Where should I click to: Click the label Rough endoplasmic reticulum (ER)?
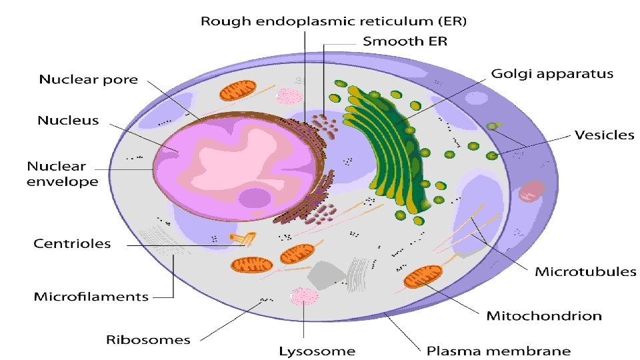[x=334, y=21]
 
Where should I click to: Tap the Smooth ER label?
[x=405, y=41]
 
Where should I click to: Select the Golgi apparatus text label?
[x=551, y=73]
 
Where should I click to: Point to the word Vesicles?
[x=604, y=135]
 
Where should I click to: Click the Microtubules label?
[x=586, y=271]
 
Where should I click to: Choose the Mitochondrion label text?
[x=544, y=315]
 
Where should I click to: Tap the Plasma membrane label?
[x=499, y=350]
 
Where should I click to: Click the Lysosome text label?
[x=317, y=350]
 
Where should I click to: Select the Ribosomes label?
[x=148, y=339]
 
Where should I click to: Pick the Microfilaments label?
[x=91, y=296]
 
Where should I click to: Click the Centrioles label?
[x=72, y=243]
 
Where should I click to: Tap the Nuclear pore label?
[x=89, y=80]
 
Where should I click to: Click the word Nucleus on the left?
[x=68, y=121]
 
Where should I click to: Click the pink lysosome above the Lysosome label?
[x=304, y=297]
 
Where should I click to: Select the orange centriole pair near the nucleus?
[x=241, y=237]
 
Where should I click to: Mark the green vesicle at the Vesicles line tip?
[x=492, y=156]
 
